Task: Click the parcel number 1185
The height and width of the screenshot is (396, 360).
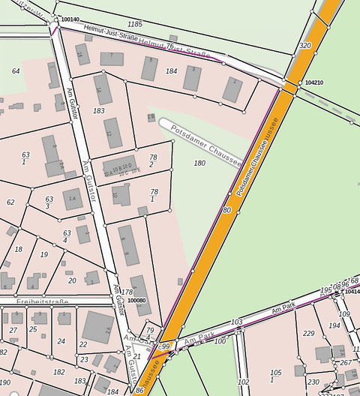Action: [x=135, y=25]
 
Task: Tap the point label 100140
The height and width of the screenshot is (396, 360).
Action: [x=70, y=19]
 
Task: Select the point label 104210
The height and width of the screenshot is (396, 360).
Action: [x=314, y=82]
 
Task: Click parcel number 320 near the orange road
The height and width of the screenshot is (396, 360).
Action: [x=304, y=46]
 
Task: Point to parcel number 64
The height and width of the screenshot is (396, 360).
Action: [x=16, y=71]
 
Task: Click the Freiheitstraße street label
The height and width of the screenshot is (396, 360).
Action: [x=43, y=302]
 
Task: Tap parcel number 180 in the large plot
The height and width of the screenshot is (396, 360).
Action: [x=199, y=163]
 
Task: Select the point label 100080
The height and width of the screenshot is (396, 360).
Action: [x=136, y=300]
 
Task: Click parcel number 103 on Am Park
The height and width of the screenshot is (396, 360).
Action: [x=237, y=322]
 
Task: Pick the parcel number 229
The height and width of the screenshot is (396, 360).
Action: [x=308, y=334]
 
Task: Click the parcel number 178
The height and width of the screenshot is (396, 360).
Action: [x=127, y=292]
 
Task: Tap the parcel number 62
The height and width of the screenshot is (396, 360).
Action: [x=10, y=202]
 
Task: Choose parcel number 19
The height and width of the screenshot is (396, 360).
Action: [x=43, y=255]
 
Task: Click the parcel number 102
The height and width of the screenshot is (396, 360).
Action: [x=243, y=382]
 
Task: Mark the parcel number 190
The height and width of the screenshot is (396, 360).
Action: [x=5, y=382]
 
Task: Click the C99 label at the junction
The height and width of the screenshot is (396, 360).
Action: [x=166, y=345]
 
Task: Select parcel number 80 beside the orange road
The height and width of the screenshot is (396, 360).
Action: [x=226, y=211]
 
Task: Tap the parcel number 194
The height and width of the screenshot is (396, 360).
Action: [x=334, y=326]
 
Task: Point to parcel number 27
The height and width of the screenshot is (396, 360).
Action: [x=13, y=330]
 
